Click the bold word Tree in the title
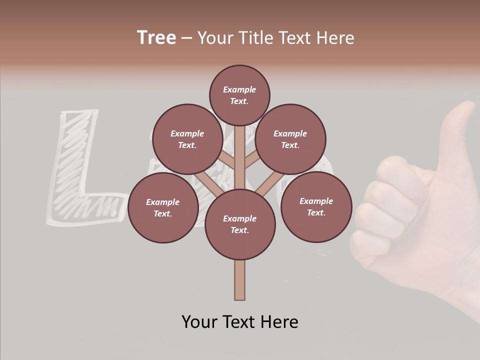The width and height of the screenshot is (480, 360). coord(156,37)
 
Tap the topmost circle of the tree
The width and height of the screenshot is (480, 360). coord(239,95)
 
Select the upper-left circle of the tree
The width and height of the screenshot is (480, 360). coord(187,139)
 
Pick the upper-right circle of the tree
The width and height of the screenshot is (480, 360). coord(290,139)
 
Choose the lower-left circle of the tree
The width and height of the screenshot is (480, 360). coord(162,207)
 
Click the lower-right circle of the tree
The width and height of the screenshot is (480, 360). coord(316,206)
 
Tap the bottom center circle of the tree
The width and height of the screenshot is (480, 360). coord(239,224)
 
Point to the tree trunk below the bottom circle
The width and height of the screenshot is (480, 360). coord(239,280)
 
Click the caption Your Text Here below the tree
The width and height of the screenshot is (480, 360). coord(239,322)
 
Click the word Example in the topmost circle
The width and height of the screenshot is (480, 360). coord(239,89)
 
